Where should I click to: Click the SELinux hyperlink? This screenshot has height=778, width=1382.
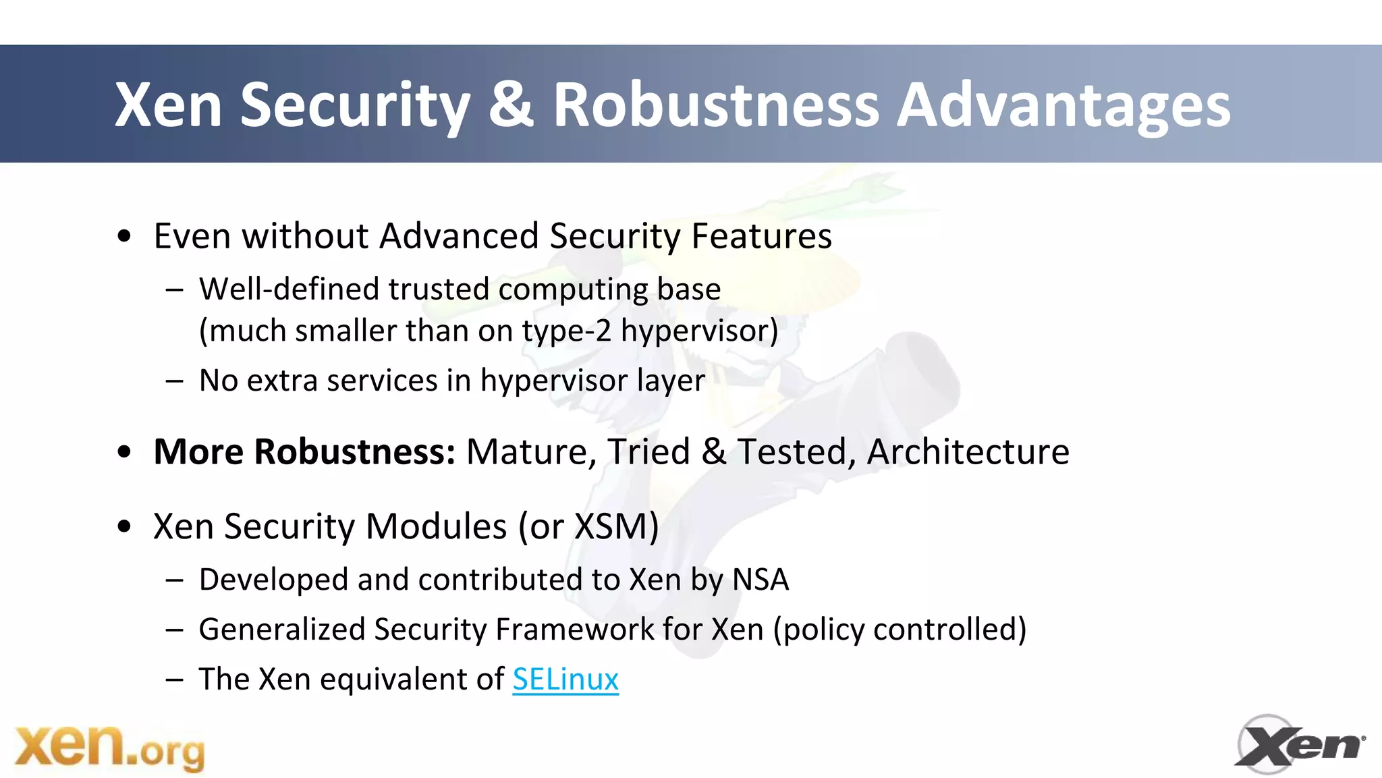pyautogui.click(x=565, y=679)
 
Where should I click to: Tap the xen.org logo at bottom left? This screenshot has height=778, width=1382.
pyautogui.click(x=109, y=748)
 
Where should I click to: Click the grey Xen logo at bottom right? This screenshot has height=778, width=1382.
pyautogui.click(x=1299, y=745)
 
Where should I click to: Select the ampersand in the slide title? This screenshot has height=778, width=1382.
pyautogui.click(x=511, y=105)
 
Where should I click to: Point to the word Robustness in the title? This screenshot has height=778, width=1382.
pyautogui.click(x=716, y=105)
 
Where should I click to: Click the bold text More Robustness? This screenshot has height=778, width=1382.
pyautogui.click(x=304, y=451)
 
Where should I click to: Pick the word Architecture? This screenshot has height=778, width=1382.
pyautogui.click(x=968, y=451)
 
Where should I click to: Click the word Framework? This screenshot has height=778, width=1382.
pyautogui.click(x=574, y=629)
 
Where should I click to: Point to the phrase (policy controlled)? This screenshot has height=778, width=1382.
pyautogui.click(x=900, y=629)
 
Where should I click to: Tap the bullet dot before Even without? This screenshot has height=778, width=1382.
pyautogui.click(x=123, y=237)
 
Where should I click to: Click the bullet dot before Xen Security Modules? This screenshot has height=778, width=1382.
pyautogui.click(x=123, y=526)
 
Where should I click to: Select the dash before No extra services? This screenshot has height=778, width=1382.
pyautogui.click(x=174, y=381)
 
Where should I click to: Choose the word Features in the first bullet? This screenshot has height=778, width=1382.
pyautogui.click(x=761, y=236)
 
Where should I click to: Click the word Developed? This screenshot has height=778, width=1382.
pyautogui.click(x=273, y=580)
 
